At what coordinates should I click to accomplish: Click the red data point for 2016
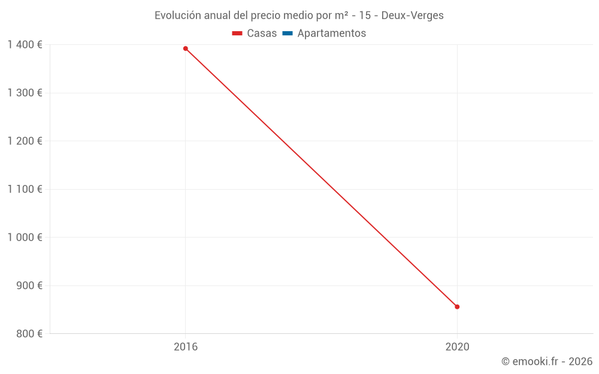pos(186,48)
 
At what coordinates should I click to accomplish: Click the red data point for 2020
pos(457,307)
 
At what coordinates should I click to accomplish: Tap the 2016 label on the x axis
pos(186,346)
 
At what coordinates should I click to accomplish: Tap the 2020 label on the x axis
pos(457,346)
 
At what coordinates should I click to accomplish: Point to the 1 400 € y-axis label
pos(25,44)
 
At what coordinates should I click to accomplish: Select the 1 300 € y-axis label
pos(25,93)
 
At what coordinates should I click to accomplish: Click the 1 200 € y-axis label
pos(25,141)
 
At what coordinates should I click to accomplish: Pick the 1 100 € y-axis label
pos(25,189)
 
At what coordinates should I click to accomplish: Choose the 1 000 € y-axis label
pos(25,237)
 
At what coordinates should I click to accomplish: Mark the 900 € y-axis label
pos(29,285)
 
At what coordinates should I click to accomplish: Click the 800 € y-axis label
pos(29,333)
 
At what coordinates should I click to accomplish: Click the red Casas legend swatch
pos(237,34)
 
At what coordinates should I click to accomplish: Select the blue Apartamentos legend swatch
pos(288,34)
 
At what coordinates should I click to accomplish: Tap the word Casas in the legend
pos(262,34)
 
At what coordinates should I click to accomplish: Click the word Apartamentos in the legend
pos(331,34)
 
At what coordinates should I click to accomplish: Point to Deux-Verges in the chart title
pos(414,16)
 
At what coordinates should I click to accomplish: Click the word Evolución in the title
pos(176,16)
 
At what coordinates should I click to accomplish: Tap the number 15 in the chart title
pos(365,16)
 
